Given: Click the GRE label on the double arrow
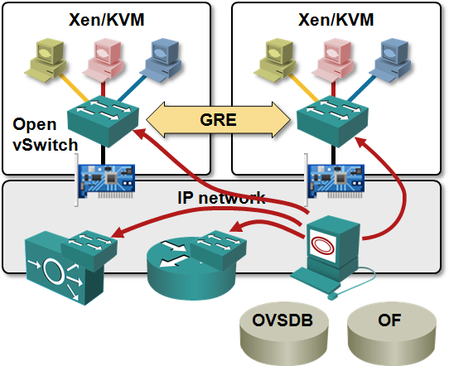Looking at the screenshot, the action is click(x=218, y=120).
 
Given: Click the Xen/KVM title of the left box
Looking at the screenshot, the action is click(x=107, y=20).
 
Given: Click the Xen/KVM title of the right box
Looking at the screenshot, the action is click(x=336, y=20).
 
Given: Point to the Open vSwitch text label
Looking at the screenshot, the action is click(x=46, y=134).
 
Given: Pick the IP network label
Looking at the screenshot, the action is click(x=221, y=197).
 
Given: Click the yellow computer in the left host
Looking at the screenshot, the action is click(x=46, y=60).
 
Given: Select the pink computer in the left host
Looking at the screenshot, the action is click(x=104, y=60).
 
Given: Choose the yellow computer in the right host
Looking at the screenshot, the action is click(x=275, y=60).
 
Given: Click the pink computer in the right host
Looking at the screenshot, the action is click(x=333, y=60).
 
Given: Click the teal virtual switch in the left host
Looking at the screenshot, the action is click(x=103, y=122).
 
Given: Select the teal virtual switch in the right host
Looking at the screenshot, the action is click(x=332, y=122).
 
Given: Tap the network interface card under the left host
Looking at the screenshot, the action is click(x=105, y=181).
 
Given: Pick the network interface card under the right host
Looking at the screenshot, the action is click(x=335, y=181).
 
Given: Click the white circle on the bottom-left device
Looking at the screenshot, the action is click(x=54, y=272).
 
